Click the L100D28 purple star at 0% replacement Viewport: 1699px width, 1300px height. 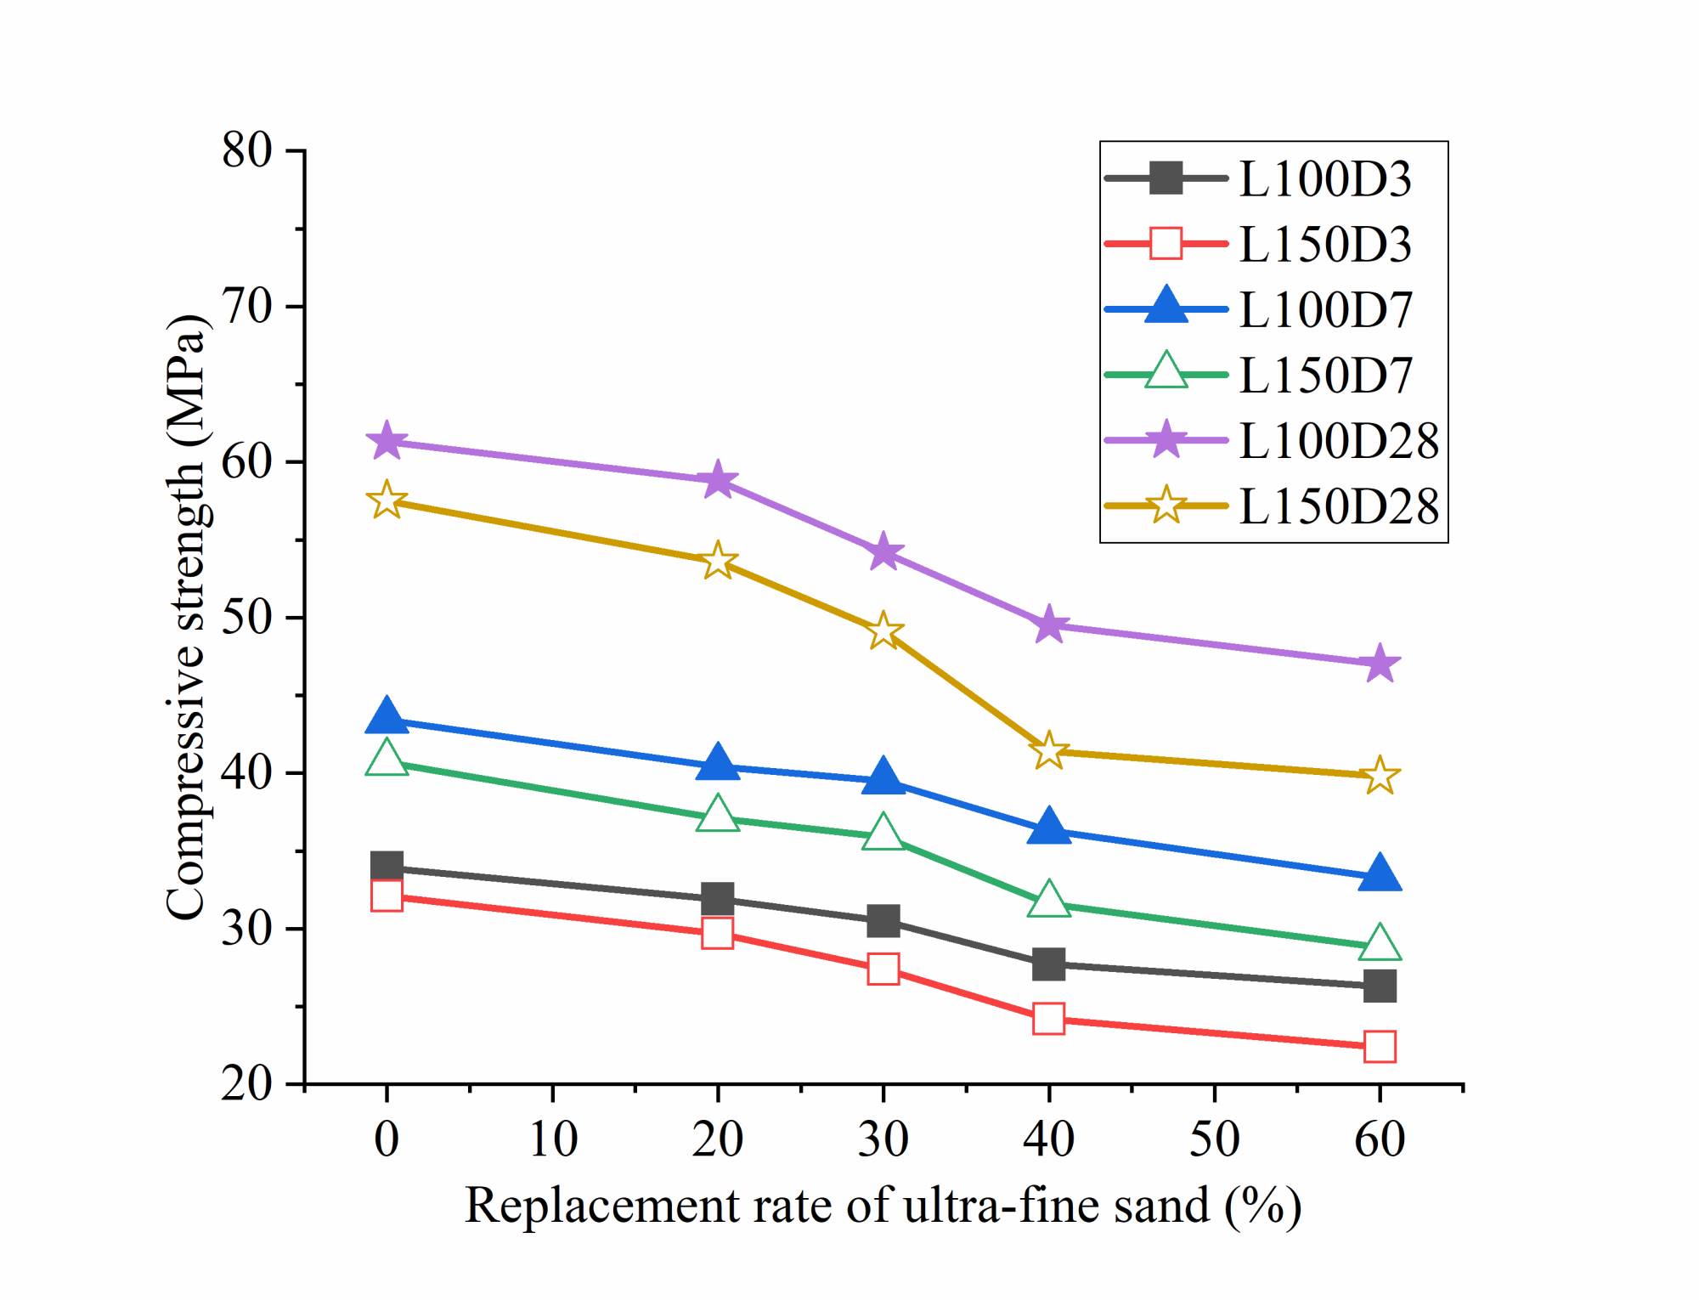(387, 440)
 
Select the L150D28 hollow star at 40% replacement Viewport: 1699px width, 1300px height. (1049, 750)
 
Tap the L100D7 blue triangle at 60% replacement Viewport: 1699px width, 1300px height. (1380, 873)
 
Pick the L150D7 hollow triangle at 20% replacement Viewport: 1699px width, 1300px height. (718, 815)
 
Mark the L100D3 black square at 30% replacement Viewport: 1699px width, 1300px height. (883, 920)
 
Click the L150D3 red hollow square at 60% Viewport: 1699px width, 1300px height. (1380, 1046)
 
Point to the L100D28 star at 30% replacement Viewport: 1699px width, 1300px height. (883, 553)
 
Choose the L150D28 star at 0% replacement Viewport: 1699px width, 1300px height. (387, 500)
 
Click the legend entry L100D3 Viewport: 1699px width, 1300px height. (1324, 179)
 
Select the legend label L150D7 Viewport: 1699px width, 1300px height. (1324, 376)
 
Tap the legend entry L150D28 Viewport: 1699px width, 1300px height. (1338, 506)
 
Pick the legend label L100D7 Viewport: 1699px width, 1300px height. (1324, 310)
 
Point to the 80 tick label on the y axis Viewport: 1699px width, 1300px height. (246, 151)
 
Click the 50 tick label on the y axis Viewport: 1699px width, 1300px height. (246, 618)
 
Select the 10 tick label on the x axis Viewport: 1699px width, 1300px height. (553, 1139)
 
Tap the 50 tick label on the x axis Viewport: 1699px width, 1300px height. (1215, 1139)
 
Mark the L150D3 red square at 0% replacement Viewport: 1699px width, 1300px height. (387, 896)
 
